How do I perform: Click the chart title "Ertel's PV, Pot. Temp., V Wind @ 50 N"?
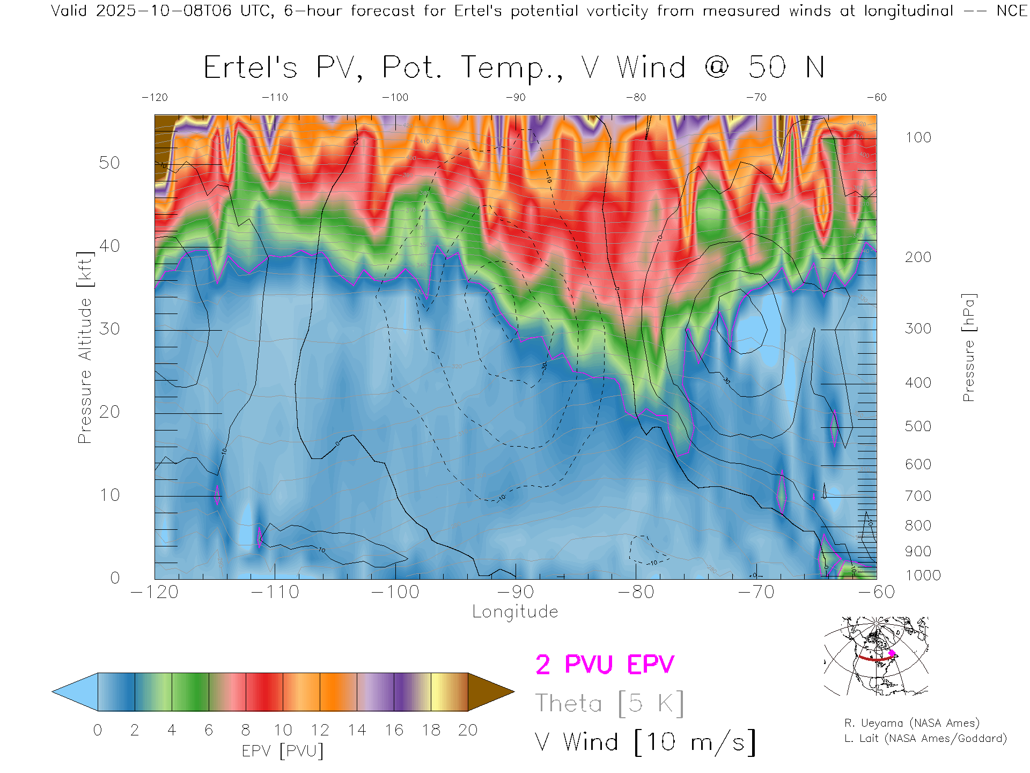pyautogui.click(x=514, y=68)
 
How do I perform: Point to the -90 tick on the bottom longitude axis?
pyautogui.click(x=516, y=592)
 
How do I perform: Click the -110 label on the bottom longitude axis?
pyautogui.click(x=275, y=592)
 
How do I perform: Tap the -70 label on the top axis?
pyautogui.click(x=756, y=98)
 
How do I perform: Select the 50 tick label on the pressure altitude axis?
pyautogui.click(x=109, y=163)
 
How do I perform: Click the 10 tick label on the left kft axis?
pyautogui.click(x=109, y=495)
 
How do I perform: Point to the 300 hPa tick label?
pyautogui.click(x=918, y=329)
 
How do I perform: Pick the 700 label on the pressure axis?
pyautogui.click(x=918, y=496)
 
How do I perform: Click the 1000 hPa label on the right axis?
pyautogui.click(x=923, y=575)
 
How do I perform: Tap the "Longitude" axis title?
pyautogui.click(x=515, y=612)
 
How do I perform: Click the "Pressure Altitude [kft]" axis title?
pyautogui.click(x=85, y=347)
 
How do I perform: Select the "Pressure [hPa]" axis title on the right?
pyautogui.click(x=968, y=347)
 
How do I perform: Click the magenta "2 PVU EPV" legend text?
pyautogui.click(x=605, y=665)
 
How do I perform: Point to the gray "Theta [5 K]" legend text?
pyautogui.click(x=609, y=703)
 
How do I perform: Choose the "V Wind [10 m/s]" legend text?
pyautogui.click(x=645, y=742)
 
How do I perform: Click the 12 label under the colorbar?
pyautogui.click(x=320, y=730)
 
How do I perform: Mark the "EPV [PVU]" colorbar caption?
pyautogui.click(x=283, y=751)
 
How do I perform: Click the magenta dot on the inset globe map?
pyautogui.click(x=892, y=653)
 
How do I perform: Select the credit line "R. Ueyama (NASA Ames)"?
pyautogui.click(x=912, y=723)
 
